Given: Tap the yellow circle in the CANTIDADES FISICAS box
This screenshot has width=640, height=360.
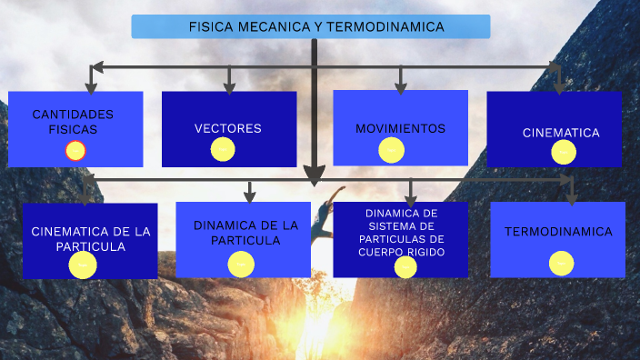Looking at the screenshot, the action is [76, 151].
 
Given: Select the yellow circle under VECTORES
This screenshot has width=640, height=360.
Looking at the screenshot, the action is [224, 149].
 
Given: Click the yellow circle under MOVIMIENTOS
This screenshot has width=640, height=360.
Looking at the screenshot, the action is [391, 149].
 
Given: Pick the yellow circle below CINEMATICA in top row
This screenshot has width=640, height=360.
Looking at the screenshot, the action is [564, 152].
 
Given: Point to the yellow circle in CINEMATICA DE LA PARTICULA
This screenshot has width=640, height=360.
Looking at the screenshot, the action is [83, 265].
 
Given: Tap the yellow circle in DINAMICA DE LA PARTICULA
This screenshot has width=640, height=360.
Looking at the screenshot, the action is [241, 265].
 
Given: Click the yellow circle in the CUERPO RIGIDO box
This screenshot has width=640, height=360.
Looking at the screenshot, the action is [405, 266].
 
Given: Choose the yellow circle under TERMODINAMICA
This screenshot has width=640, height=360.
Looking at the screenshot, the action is [561, 263].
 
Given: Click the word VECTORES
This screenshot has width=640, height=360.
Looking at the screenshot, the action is [227, 128].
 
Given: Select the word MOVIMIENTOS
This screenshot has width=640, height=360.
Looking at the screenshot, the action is [400, 128].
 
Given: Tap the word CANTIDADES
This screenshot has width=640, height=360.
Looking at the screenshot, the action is [73, 115].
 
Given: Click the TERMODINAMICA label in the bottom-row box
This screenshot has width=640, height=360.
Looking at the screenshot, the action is [558, 232].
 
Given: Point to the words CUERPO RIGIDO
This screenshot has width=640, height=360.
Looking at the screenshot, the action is [401, 252].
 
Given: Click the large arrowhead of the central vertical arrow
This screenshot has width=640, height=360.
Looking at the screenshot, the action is [314, 174].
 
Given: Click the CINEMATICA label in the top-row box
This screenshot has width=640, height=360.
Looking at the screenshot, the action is [561, 133].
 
